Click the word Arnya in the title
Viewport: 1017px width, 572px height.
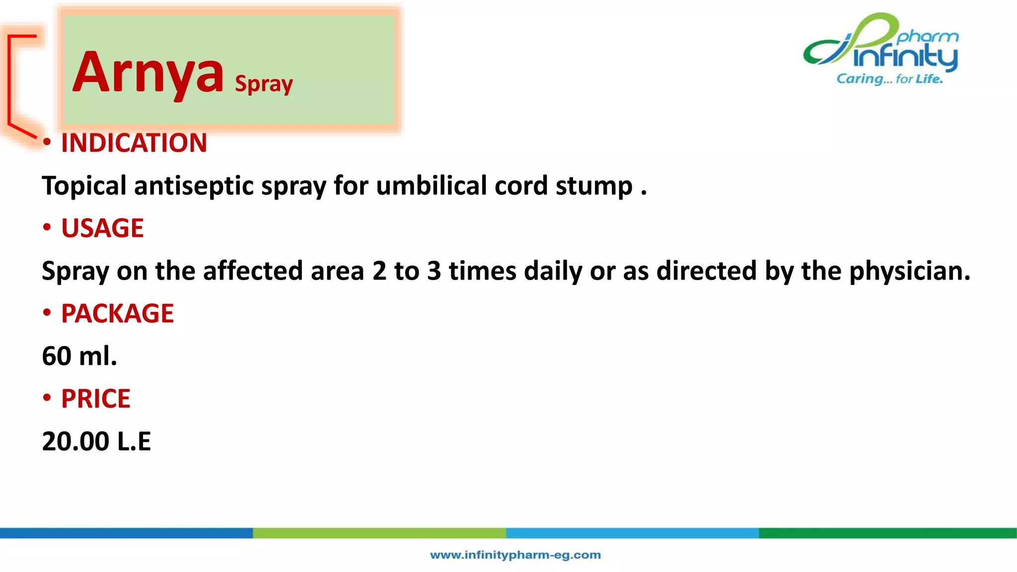pos(147,73)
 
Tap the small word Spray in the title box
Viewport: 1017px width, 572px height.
pos(264,84)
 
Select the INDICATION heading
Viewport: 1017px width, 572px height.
pos(134,143)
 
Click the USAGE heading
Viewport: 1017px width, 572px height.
pos(102,228)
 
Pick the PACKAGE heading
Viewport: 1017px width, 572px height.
pos(117,314)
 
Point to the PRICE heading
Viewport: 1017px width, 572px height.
pos(95,399)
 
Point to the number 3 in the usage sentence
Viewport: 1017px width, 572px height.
pos(434,271)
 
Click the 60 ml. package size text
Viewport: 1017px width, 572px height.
pos(79,357)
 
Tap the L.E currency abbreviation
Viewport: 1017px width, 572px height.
pos(134,441)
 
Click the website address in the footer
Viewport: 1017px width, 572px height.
pos(515,555)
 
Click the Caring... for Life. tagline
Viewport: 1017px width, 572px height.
pos(889,79)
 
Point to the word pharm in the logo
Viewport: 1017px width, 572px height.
pos(928,37)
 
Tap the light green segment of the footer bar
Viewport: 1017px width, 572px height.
pos(379,533)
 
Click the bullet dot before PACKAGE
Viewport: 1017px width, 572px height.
pos(47,313)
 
